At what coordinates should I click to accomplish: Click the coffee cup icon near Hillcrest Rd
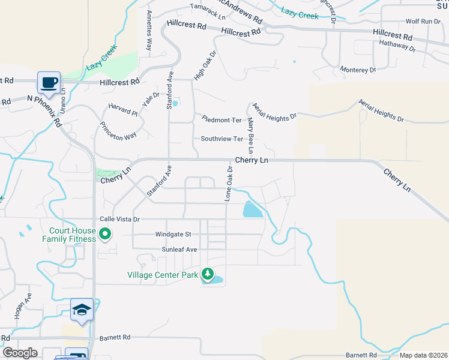pyautogui.click(x=49, y=82)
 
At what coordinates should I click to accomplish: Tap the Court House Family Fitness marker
pyautogui.click(x=106, y=234)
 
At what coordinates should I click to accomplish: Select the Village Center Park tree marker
pyautogui.click(x=208, y=274)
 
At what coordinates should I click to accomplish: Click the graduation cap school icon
pyautogui.click(x=82, y=309)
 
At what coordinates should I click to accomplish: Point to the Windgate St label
pyautogui.click(x=173, y=234)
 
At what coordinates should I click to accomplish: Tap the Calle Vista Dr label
pyautogui.click(x=119, y=220)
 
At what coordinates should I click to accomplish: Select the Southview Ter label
pyautogui.click(x=221, y=139)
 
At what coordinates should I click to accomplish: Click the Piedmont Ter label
pyautogui.click(x=221, y=120)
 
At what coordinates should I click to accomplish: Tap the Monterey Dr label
pyautogui.click(x=358, y=70)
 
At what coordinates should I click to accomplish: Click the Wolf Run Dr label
pyautogui.click(x=423, y=21)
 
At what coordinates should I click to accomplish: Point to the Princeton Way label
pyautogui.click(x=118, y=131)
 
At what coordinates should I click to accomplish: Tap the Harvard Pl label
pyautogui.click(x=123, y=109)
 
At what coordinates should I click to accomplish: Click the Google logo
pyautogui.click(x=20, y=353)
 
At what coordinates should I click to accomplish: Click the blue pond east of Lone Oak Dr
pyautogui.click(x=252, y=209)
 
